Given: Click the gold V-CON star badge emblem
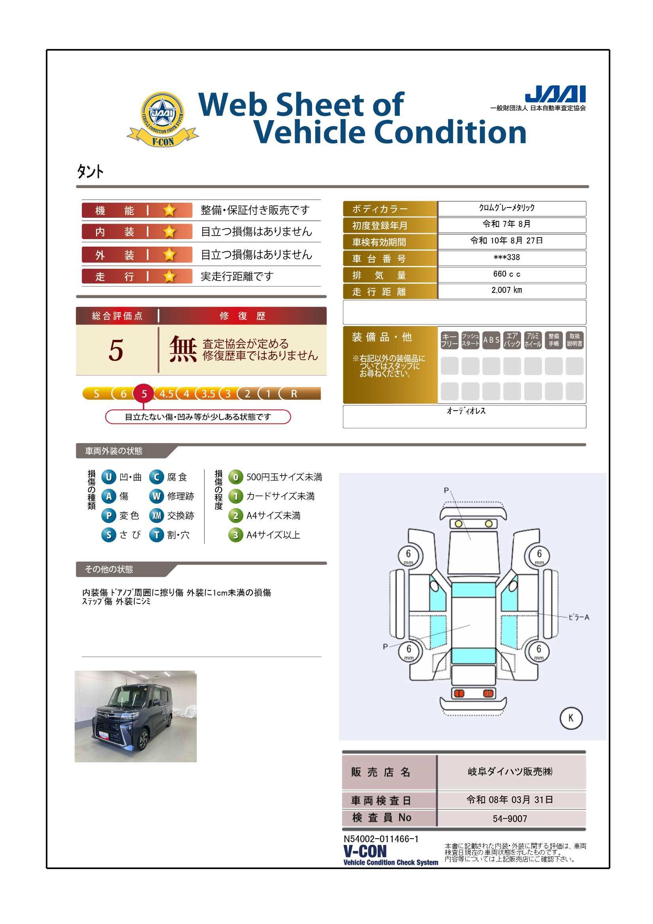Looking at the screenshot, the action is point(162,119).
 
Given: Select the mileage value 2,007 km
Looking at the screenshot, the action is point(506,290).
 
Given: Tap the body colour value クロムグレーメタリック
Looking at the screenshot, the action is point(506,207).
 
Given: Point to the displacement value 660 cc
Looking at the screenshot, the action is point(506,274).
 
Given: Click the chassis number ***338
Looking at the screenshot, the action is point(506,258).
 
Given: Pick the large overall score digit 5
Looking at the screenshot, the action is point(116,350).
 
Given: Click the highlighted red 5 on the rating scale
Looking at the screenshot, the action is point(144,394).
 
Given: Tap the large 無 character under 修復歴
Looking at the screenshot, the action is point(183,349).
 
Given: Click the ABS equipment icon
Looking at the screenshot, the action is point(491,340).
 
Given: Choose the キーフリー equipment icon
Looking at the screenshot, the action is point(450,340).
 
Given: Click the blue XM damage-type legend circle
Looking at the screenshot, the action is point(156,515).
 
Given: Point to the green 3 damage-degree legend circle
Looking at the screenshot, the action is point(236,535).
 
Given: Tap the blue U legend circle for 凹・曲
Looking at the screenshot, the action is point(109,477).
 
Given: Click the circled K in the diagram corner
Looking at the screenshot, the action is point(571,718).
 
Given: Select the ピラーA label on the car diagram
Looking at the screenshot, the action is point(579,617).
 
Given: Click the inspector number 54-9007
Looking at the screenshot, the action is point(510,818).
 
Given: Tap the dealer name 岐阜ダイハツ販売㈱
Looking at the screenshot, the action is point(510,771).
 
